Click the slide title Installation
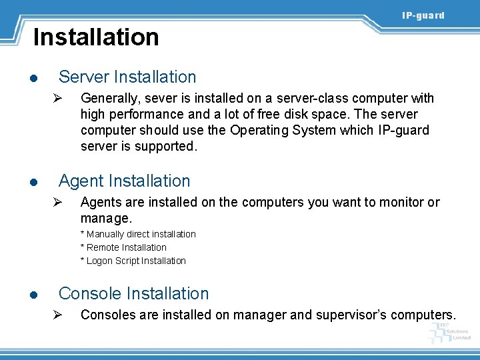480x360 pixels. tap(96, 37)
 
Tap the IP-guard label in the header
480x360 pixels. tap(423, 15)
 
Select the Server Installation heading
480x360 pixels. tap(127, 77)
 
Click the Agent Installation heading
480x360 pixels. tap(124, 181)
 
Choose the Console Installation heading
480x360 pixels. tap(133, 293)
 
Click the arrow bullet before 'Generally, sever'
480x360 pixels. tap(58, 99)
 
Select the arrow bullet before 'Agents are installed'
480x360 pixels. tap(58, 203)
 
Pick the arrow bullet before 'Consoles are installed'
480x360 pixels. tap(58, 315)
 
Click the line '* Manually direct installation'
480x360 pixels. tap(138, 234)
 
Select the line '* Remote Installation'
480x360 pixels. tap(123, 247)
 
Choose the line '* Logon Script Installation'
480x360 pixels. tap(133, 261)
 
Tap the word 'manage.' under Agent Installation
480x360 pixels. tap(107, 218)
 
